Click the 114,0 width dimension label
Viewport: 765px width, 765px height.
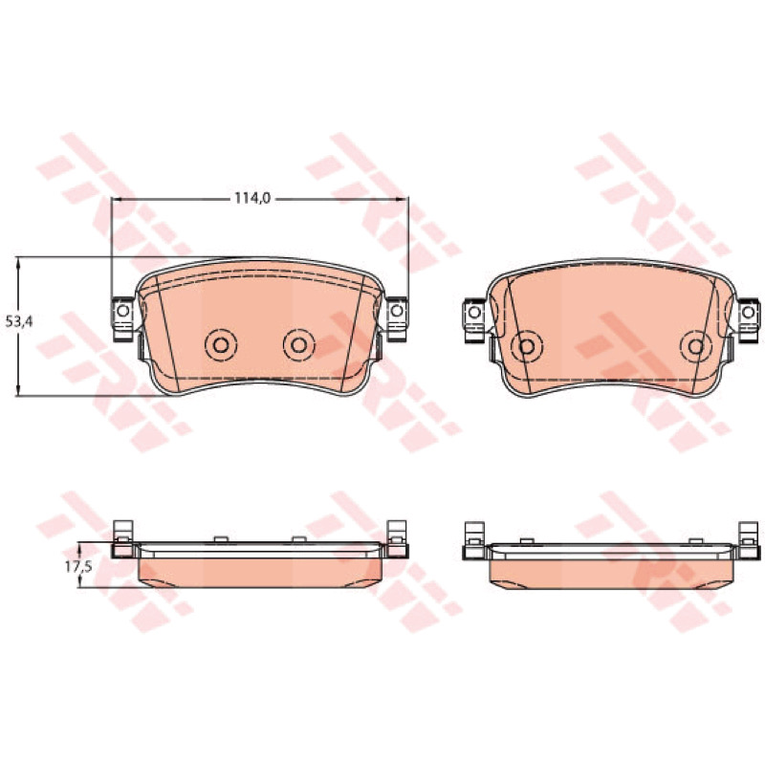(x=252, y=199)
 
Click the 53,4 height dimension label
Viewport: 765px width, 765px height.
(x=19, y=321)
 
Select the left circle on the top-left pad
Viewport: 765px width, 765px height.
(x=221, y=345)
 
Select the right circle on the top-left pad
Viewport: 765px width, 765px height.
(x=298, y=345)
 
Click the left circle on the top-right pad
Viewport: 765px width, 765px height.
(x=527, y=346)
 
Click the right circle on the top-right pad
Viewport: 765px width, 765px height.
(x=696, y=346)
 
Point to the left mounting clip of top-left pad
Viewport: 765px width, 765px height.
(x=123, y=318)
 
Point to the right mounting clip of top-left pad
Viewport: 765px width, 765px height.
(x=397, y=318)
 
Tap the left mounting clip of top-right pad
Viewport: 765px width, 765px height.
(x=473, y=319)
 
